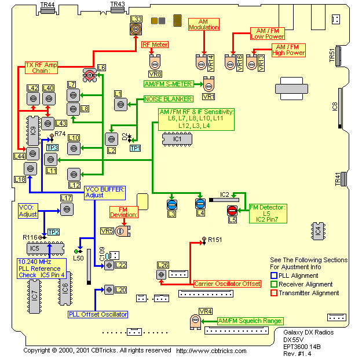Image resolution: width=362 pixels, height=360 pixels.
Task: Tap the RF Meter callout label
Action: [x=155, y=45]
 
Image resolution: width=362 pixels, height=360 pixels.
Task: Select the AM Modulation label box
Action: [x=204, y=24]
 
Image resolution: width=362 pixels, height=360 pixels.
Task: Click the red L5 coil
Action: [x=232, y=211]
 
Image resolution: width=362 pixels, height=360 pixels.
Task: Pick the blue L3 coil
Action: [x=171, y=204]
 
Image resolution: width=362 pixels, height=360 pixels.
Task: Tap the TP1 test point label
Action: [x=135, y=148]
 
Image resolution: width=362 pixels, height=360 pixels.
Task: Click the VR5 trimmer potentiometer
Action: [x=121, y=232]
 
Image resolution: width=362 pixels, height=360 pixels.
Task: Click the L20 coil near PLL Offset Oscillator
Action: [x=108, y=289]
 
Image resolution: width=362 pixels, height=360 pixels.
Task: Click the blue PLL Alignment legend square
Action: [x=275, y=275]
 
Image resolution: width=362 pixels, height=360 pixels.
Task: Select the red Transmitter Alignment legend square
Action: [x=275, y=293]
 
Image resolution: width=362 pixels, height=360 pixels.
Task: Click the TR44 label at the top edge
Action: [x=48, y=5]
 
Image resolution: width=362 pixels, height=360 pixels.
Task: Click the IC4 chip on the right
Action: [x=316, y=230]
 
